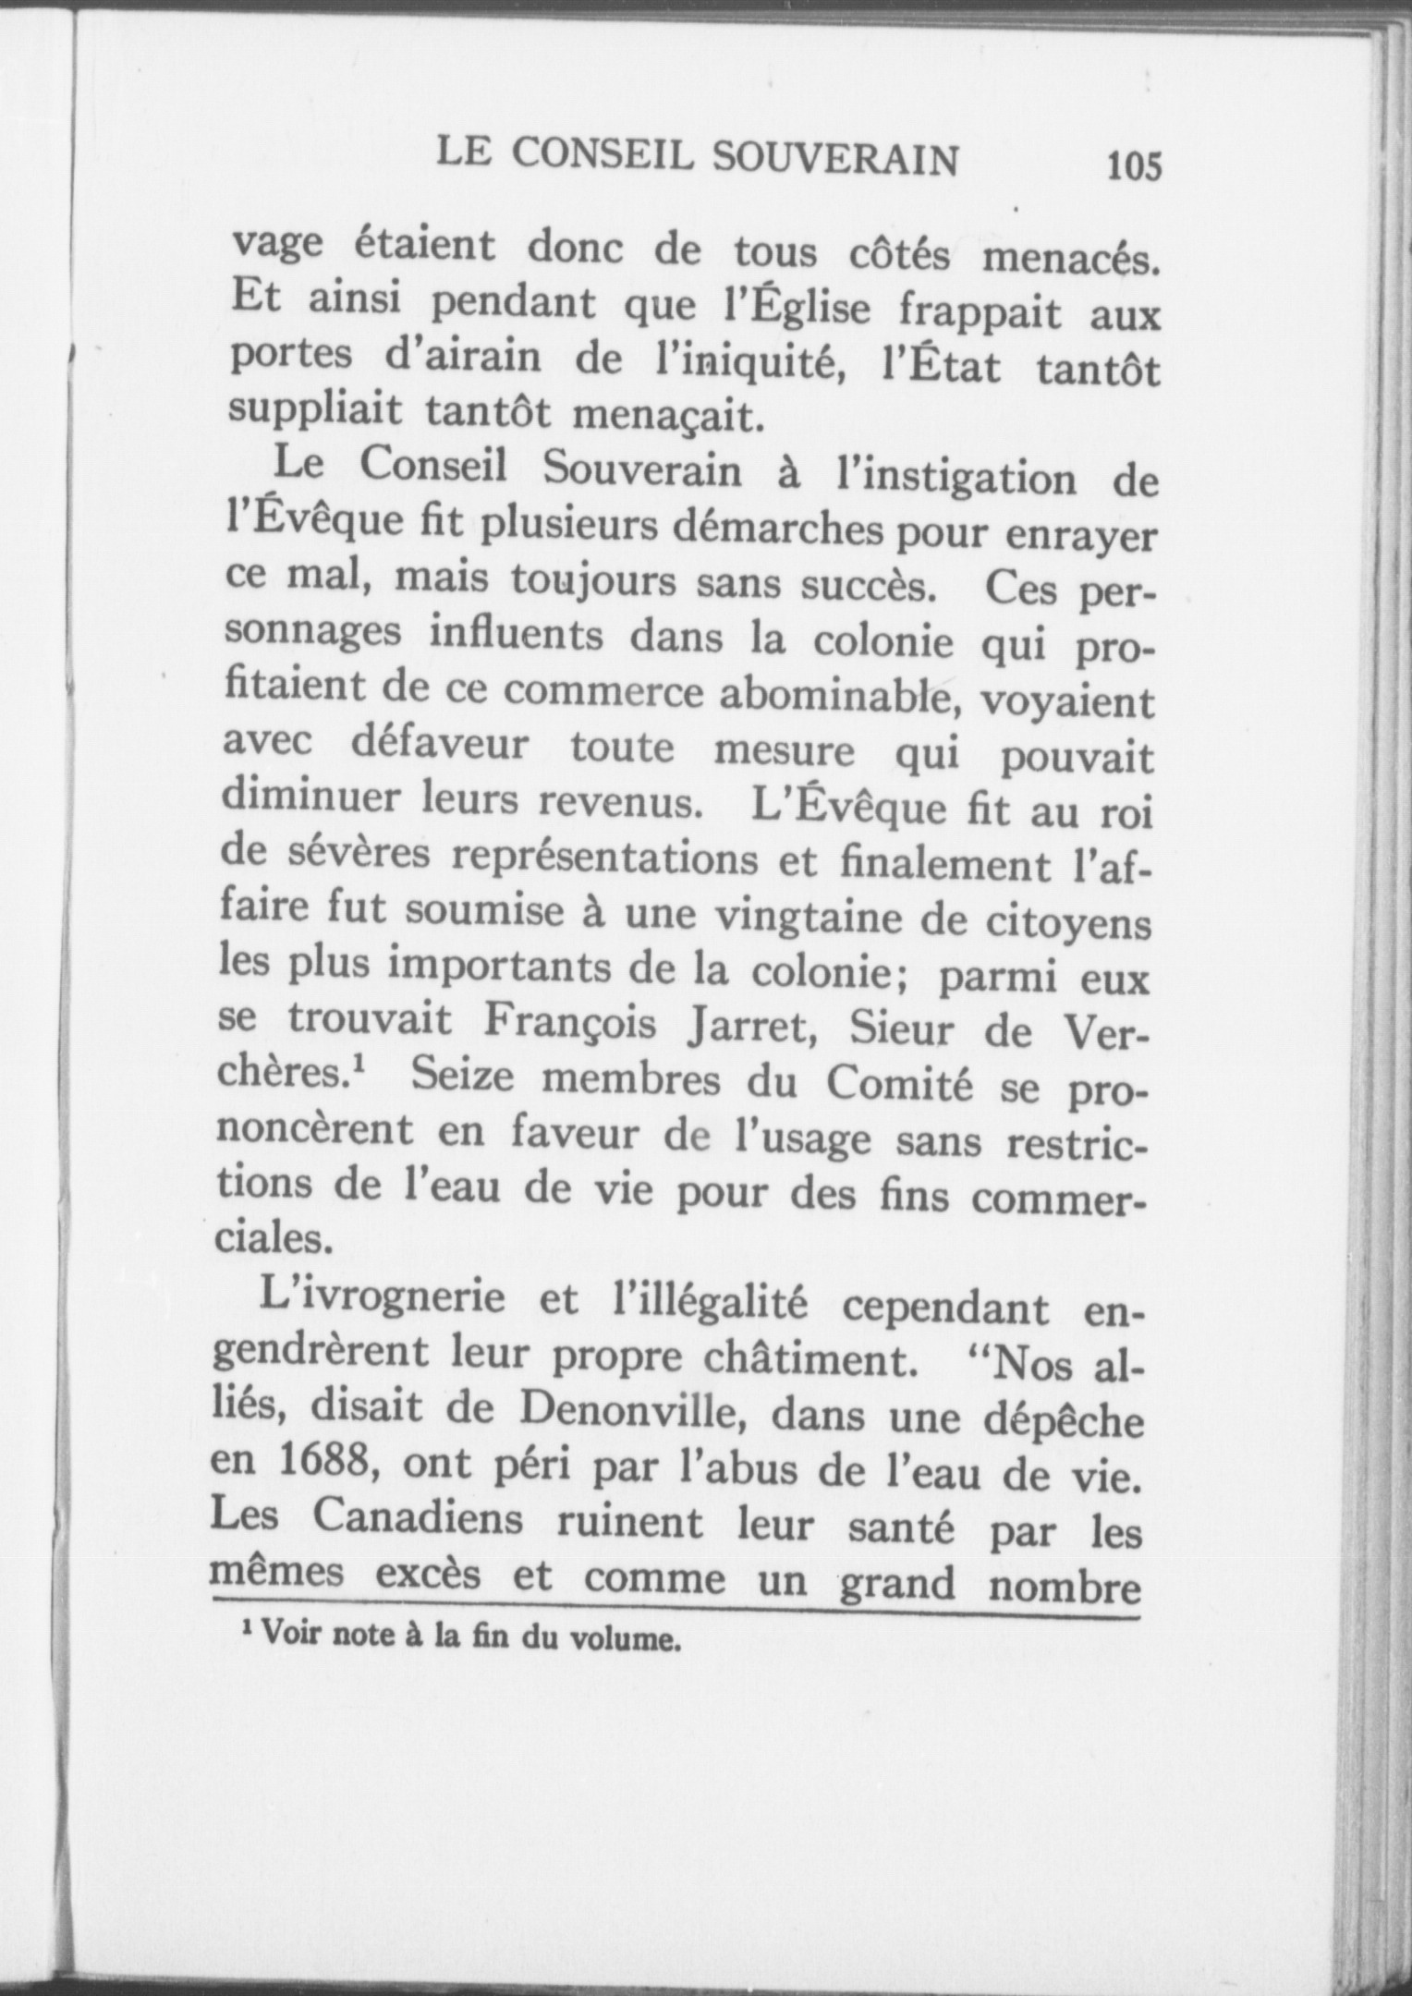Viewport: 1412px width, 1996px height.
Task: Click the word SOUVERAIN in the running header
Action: [836, 159]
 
